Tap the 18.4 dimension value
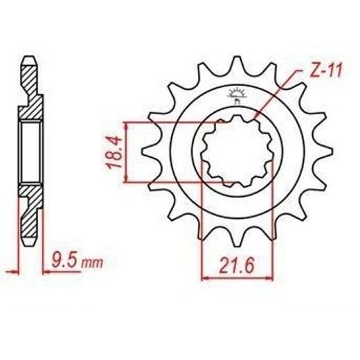[x=115, y=152]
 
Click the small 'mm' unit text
[x=92, y=263]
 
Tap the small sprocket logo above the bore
[x=236, y=95]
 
